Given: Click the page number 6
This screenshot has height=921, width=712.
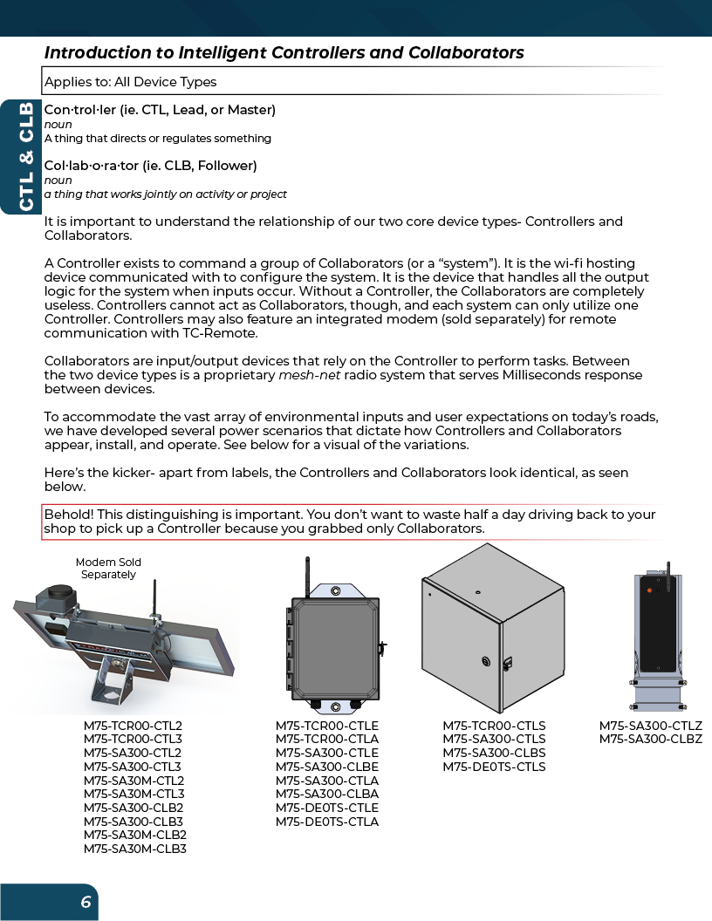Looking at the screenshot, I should click(x=86, y=902).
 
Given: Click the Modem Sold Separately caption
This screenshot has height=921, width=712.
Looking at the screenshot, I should click(x=108, y=569).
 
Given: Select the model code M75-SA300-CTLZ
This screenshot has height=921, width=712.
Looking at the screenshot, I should click(x=650, y=726).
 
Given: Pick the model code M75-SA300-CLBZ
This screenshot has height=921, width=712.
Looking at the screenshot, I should click(x=650, y=740).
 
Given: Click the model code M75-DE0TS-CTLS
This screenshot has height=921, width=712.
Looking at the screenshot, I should click(x=494, y=767).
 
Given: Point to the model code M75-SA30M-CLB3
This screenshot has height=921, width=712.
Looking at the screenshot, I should click(x=135, y=849).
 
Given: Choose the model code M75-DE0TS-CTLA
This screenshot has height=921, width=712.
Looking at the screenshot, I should click(x=327, y=822).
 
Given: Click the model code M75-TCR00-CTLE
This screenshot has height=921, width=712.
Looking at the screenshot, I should click(x=327, y=726).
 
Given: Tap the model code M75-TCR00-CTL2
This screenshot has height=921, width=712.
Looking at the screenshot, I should click(x=133, y=726).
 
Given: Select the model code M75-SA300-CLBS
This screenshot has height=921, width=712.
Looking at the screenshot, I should click(x=494, y=753).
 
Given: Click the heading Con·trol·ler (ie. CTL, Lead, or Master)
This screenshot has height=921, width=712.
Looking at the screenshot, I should click(x=160, y=110).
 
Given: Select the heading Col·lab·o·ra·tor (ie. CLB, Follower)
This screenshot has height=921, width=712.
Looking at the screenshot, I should click(x=150, y=165).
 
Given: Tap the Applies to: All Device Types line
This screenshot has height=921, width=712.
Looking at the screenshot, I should click(x=130, y=82).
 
